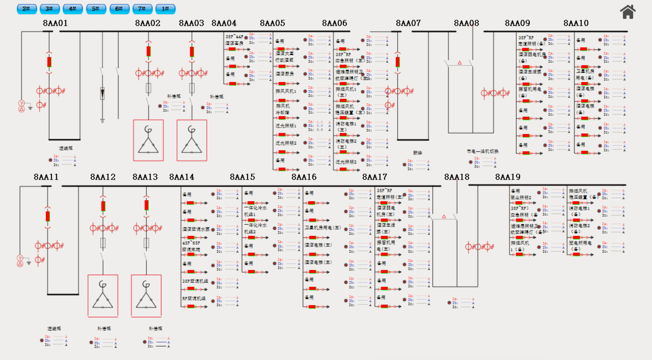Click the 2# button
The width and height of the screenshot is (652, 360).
click(26, 9)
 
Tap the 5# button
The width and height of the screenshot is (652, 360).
click(96, 9)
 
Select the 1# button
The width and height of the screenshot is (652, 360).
click(165, 9)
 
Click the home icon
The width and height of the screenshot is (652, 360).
click(628, 12)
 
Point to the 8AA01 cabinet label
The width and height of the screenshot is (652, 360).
click(55, 23)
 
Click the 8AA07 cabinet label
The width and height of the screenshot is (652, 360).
click(408, 23)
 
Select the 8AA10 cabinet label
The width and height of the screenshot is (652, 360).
click(576, 23)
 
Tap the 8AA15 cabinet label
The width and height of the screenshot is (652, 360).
click(242, 177)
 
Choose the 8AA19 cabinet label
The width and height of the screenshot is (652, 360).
click(507, 177)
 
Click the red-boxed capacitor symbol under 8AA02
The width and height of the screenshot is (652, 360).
click(148, 140)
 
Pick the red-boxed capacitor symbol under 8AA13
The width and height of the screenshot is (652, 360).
click(146, 295)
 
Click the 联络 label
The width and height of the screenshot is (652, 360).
click(417, 153)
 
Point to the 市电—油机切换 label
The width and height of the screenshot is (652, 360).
click(482, 151)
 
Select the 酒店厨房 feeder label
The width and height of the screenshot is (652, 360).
click(285, 74)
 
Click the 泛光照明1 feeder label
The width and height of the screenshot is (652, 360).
click(286, 126)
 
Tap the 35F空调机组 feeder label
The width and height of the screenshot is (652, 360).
click(195, 281)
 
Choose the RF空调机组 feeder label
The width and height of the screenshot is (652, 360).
click(194, 299)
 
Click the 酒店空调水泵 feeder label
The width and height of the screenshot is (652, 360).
click(196, 229)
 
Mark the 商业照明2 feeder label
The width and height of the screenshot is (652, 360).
click(521, 197)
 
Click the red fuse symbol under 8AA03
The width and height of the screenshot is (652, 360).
click(192, 52)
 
